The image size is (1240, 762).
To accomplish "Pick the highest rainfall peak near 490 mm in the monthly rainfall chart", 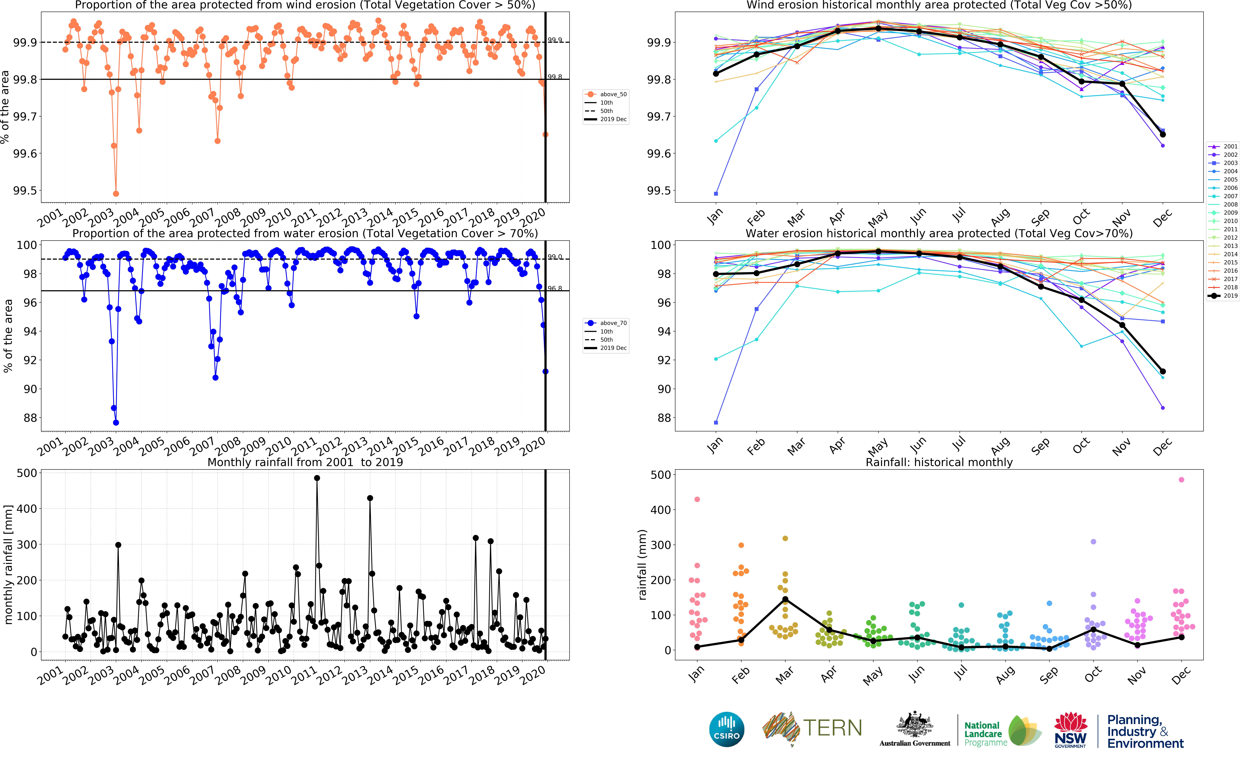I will [x=317, y=478].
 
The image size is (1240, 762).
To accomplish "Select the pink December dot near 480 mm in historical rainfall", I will [x=1182, y=480].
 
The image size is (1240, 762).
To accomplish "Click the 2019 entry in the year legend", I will [x=1223, y=296].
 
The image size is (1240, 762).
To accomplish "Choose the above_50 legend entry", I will [x=606, y=94].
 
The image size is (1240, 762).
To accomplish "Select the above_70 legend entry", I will [x=606, y=323].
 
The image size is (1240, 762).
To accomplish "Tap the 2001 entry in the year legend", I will [x=1223, y=147].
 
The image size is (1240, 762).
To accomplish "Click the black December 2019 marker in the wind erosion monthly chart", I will [x=1163, y=135].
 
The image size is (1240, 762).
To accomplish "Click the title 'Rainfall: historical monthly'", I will [x=939, y=462].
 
